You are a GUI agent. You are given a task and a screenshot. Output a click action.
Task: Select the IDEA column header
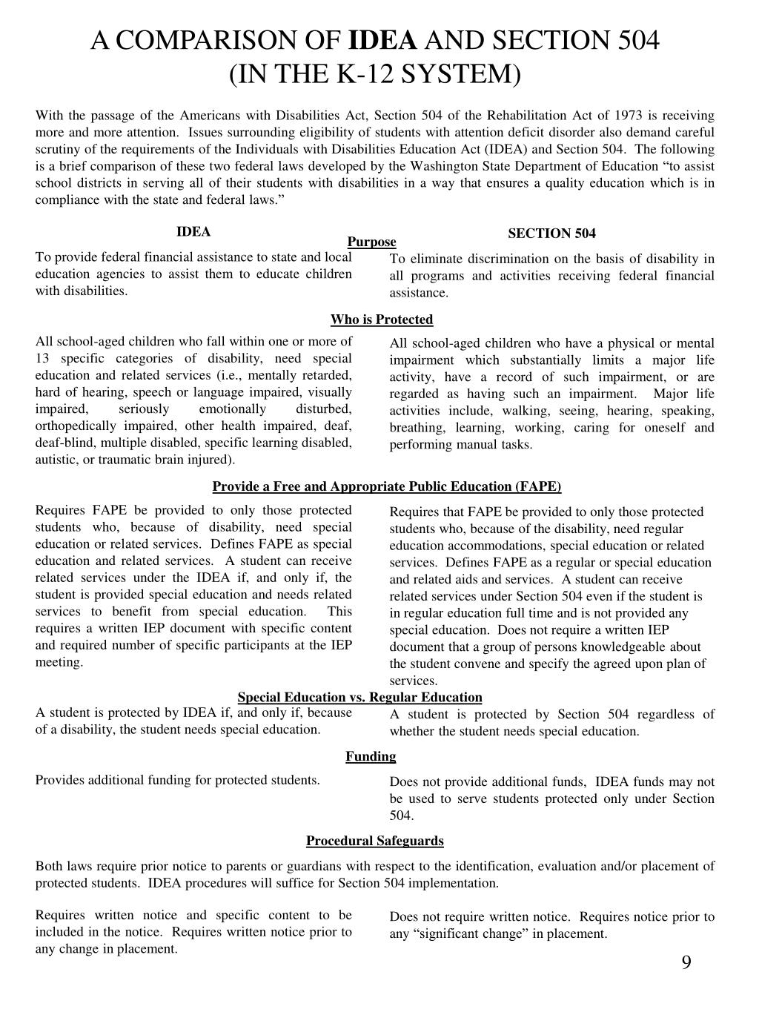[x=193, y=231]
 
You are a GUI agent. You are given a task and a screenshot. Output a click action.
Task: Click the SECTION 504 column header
[x=551, y=234]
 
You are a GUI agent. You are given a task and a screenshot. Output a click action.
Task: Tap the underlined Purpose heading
[x=372, y=242]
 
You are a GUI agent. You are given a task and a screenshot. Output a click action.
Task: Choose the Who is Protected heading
[x=382, y=320]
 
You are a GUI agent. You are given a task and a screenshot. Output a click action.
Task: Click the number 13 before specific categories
[x=42, y=358]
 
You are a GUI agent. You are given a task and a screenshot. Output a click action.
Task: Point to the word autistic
[x=56, y=460]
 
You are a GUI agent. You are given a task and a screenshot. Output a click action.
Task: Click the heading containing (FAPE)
[x=387, y=486]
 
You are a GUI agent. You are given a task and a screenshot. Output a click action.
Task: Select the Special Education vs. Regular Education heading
[x=359, y=697]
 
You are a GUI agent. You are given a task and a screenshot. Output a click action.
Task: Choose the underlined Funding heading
[x=371, y=756]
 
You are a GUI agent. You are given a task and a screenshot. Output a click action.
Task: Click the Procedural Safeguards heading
[x=375, y=841]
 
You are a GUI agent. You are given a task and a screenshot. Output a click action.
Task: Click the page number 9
[x=686, y=962]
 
